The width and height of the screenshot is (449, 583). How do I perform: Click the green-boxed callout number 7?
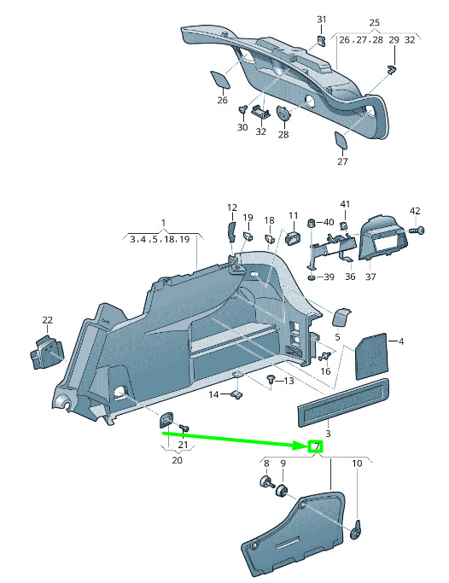point(316,446)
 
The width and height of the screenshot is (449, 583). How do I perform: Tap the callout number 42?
point(415,211)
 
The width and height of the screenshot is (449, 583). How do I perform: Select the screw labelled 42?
point(417,230)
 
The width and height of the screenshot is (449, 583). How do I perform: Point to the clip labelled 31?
point(322,40)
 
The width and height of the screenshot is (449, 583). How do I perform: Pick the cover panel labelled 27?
point(341,141)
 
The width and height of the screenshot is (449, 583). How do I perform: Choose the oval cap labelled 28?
point(283,113)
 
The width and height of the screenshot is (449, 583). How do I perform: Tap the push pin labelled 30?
point(242,110)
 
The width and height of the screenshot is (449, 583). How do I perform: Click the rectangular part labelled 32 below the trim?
point(261,112)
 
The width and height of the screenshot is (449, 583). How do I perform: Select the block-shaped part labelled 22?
point(46,352)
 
